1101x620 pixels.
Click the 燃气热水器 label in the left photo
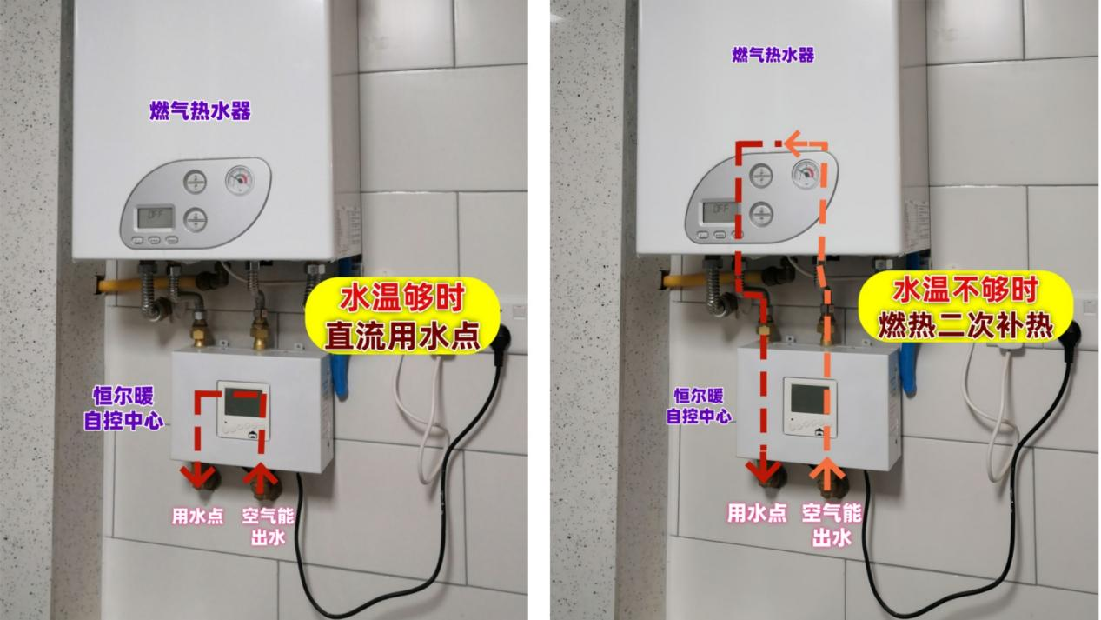click(200, 110)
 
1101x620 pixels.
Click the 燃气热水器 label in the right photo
click(773, 55)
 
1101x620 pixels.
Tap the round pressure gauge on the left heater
click(240, 180)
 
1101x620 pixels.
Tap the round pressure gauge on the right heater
click(806, 174)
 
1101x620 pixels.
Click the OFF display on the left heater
click(156, 217)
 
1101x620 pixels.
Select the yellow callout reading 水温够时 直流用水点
click(402, 317)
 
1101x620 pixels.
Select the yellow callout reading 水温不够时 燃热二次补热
click(965, 307)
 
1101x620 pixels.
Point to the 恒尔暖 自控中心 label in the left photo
click(123, 408)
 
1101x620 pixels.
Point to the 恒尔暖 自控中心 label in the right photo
click(699, 406)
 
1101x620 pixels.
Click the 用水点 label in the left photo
click(197, 516)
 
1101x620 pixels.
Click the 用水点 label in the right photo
click(756, 513)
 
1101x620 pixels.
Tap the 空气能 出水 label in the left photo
click(268, 526)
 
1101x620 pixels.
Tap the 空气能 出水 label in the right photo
click(832, 525)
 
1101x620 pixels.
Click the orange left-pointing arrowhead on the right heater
click(793, 143)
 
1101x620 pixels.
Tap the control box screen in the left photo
click(243, 403)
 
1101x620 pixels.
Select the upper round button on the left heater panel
click(196, 182)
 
